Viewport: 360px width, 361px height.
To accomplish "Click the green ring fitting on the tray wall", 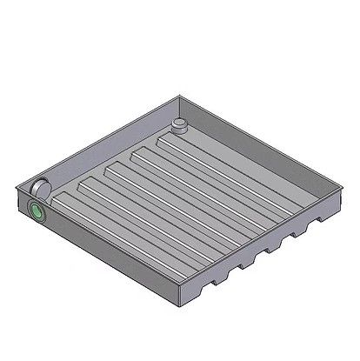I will pos(37,211).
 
